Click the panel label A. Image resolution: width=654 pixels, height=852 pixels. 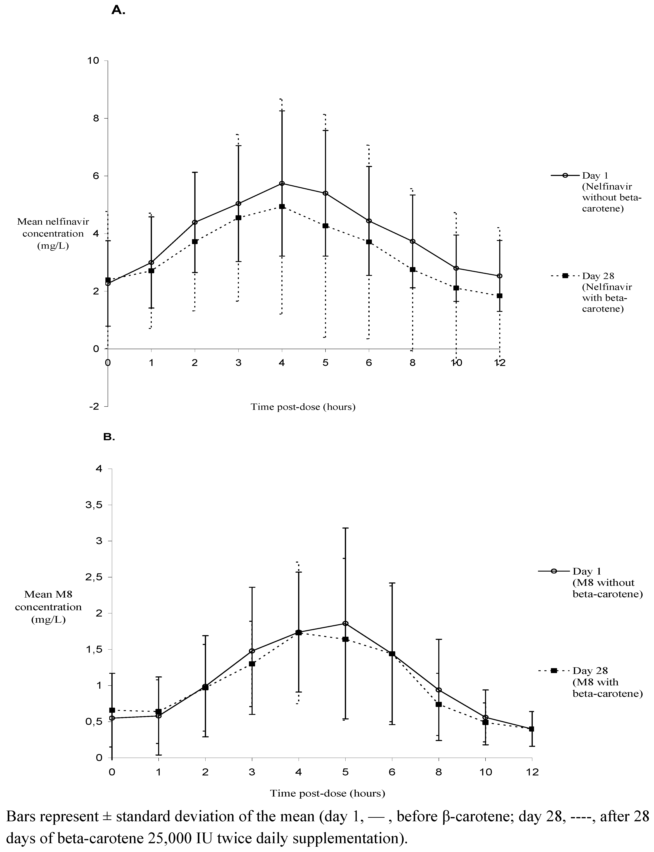(x=118, y=11)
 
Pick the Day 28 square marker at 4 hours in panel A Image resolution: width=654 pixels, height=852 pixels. (x=282, y=207)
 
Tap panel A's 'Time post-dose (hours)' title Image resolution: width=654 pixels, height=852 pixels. (x=303, y=407)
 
